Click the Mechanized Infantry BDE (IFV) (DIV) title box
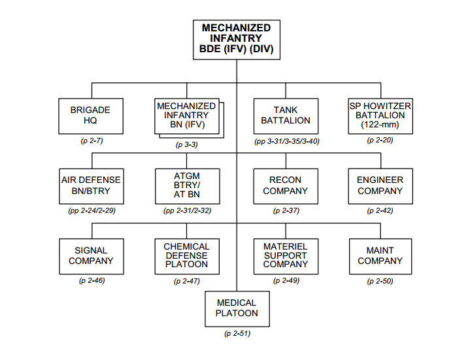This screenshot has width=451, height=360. click(x=237, y=40)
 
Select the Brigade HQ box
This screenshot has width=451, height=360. click(x=91, y=116)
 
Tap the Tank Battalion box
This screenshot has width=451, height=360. click(x=286, y=116)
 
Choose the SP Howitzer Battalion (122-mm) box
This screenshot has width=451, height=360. click(x=380, y=116)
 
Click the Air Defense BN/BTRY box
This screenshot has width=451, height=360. click(x=92, y=186)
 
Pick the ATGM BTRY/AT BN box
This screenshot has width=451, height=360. click(x=187, y=186)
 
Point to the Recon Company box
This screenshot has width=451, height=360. click(x=286, y=186)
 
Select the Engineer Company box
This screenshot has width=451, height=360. click(x=380, y=186)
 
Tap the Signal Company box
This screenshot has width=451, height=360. click(x=92, y=257)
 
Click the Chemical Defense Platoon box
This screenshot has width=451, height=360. click(x=187, y=257)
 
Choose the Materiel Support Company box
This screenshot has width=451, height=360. click(x=286, y=257)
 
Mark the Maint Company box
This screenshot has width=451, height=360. click(x=380, y=257)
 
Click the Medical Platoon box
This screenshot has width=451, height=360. click(x=237, y=309)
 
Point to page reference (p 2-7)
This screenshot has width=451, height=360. click(x=92, y=140)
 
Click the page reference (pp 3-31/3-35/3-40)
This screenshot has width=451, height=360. click(x=287, y=141)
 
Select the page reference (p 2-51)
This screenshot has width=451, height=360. click(x=237, y=333)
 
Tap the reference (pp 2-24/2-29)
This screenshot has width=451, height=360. click(x=92, y=210)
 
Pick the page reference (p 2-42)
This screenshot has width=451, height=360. click(x=380, y=210)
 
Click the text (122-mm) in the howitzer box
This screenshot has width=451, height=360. click(x=380, y=125)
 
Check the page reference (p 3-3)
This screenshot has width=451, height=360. click(x=187, y=144)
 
